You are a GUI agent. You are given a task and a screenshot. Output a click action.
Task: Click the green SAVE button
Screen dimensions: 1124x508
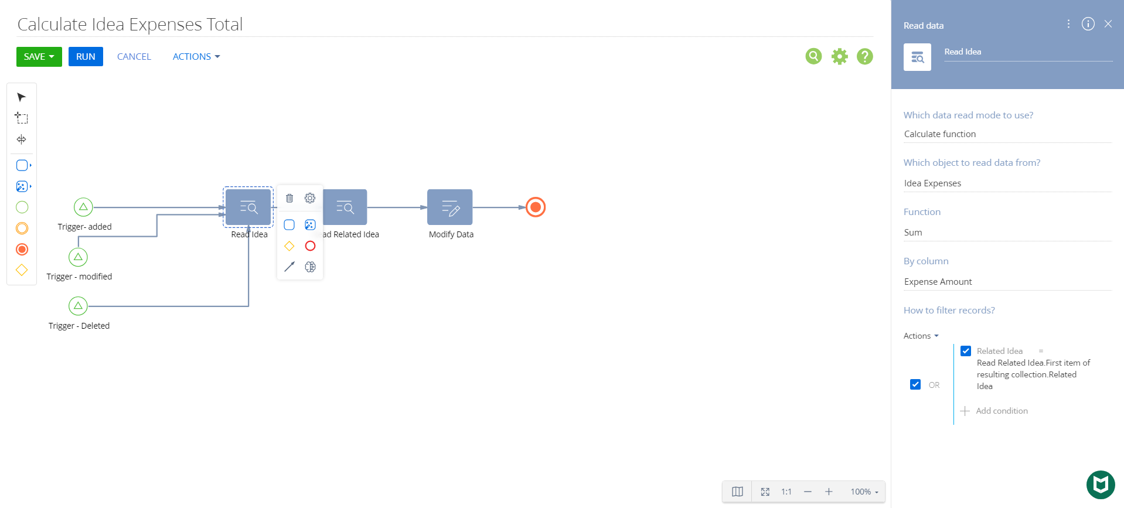click(x=39, y=57)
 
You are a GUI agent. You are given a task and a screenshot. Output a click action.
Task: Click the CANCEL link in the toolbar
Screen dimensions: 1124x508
click(x=134, y=57)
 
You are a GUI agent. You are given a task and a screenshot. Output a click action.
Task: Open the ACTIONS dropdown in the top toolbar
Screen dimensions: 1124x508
click(x=196, y=57)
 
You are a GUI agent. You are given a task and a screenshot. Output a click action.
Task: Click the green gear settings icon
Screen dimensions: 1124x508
click(x=840, y=56)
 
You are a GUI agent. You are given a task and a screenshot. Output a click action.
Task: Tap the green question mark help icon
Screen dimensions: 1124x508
click(x=865, y=56)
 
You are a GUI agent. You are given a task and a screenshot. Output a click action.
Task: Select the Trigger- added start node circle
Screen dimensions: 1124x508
click(x=83, y=207)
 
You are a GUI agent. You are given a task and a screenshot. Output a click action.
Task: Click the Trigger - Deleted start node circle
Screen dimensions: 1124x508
click(x=78, y=306)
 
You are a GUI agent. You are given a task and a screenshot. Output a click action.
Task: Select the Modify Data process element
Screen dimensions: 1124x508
click(x=450, y=207)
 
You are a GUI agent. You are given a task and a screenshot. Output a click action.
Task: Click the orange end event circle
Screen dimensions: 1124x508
click(x=536, y=207)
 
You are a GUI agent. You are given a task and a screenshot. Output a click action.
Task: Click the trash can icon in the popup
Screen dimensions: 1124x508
click(x=289, y=198)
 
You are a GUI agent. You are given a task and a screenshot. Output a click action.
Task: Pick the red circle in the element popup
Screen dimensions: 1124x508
click(x=311, y=246)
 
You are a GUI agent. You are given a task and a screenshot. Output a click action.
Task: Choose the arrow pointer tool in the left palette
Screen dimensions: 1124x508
click(x=22, y=97)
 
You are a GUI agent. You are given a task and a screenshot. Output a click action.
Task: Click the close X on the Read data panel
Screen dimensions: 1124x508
click(x=1108, y=24)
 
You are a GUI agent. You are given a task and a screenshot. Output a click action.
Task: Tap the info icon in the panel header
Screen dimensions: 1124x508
click(x=1088, y=24)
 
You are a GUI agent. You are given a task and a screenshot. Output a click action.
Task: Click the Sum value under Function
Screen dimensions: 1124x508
click(x=913, y=233)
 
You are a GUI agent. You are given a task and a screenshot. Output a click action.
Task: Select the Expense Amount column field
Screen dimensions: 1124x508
click(x=938, y=282)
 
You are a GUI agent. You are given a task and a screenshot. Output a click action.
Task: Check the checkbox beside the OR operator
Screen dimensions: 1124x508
click(x=915, y=384)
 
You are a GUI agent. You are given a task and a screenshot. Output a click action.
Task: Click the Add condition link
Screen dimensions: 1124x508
click(x=1002, y=411)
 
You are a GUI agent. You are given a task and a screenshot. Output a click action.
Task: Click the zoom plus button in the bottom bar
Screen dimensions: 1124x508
click(x=829, y=492)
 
